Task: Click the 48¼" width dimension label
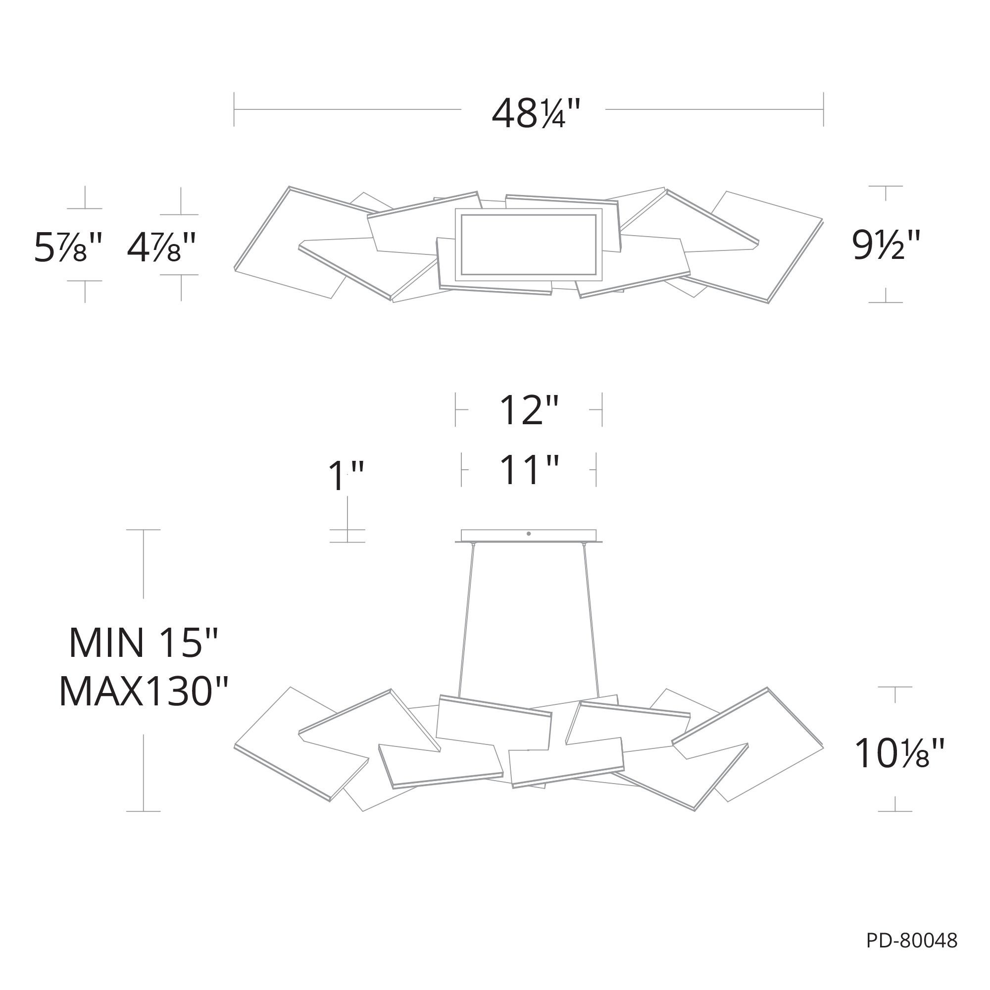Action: click(537, 113)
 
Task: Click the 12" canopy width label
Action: click(528, 410)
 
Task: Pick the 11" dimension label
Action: click(528, 469)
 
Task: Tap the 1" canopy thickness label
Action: click(346, 476)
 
